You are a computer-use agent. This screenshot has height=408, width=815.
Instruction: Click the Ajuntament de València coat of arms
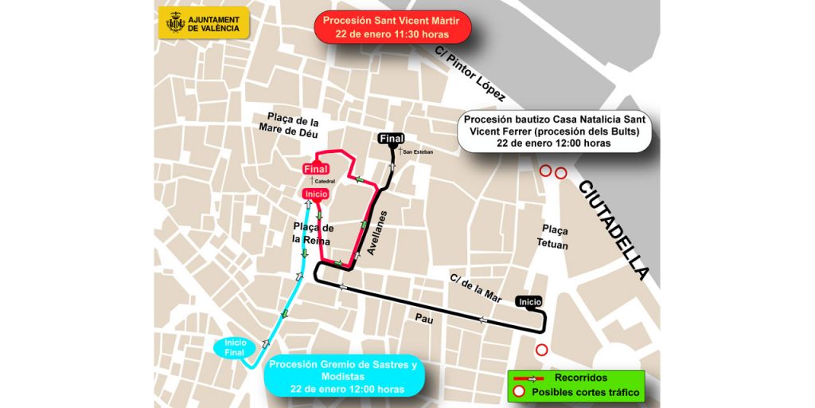pos(175,22)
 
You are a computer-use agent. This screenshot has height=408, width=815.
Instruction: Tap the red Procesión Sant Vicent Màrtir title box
pos(392,27)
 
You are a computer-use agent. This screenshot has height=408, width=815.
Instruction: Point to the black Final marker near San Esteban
pos(392,139)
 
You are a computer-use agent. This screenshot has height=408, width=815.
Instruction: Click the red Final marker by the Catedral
pos(316,169)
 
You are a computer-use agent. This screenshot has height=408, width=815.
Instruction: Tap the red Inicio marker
pos(317,194)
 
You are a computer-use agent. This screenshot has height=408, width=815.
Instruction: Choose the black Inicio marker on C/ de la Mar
pos(529,301)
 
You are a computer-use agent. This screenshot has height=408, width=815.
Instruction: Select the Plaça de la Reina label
pos(312,233)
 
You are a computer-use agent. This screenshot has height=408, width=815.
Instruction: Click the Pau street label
pos(423,316)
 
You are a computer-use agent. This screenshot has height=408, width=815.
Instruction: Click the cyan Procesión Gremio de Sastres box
pos(343,376)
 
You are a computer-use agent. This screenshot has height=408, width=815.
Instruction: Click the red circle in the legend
pos(519,391)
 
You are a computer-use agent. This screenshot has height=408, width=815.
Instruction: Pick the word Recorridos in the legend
pos(580,378)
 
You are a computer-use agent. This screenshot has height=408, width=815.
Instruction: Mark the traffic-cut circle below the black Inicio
pos(542,349)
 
